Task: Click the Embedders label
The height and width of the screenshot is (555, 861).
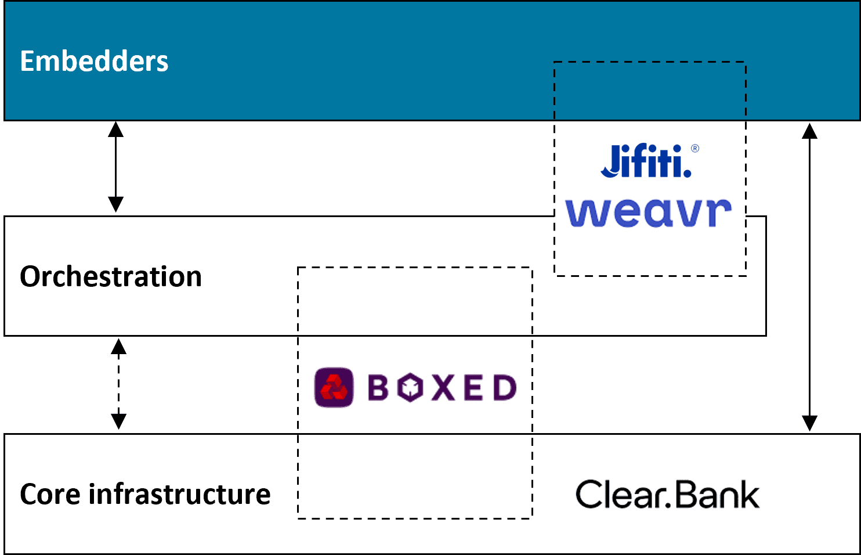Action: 94,61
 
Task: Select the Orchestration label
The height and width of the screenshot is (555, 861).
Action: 111,276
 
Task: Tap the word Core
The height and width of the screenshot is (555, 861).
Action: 50,494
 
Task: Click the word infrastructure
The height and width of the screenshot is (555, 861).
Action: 179,494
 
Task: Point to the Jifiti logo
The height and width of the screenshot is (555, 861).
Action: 647,161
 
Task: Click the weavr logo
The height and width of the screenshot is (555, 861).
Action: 648,212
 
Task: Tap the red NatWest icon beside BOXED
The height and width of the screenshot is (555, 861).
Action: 334,387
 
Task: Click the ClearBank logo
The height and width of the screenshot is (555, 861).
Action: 667,495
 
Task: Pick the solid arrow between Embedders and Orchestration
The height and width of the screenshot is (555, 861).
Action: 116,167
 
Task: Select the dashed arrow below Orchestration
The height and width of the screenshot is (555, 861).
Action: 119,384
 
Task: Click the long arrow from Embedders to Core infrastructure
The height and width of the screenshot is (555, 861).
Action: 809,277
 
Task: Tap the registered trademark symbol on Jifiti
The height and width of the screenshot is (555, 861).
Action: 694,149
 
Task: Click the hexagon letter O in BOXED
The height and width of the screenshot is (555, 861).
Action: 410,388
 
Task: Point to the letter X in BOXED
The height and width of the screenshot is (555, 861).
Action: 443,388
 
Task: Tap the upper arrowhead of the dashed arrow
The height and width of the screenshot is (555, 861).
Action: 119,347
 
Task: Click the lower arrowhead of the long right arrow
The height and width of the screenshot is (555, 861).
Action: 809,423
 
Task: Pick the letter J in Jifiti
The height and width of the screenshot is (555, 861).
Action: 611,161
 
